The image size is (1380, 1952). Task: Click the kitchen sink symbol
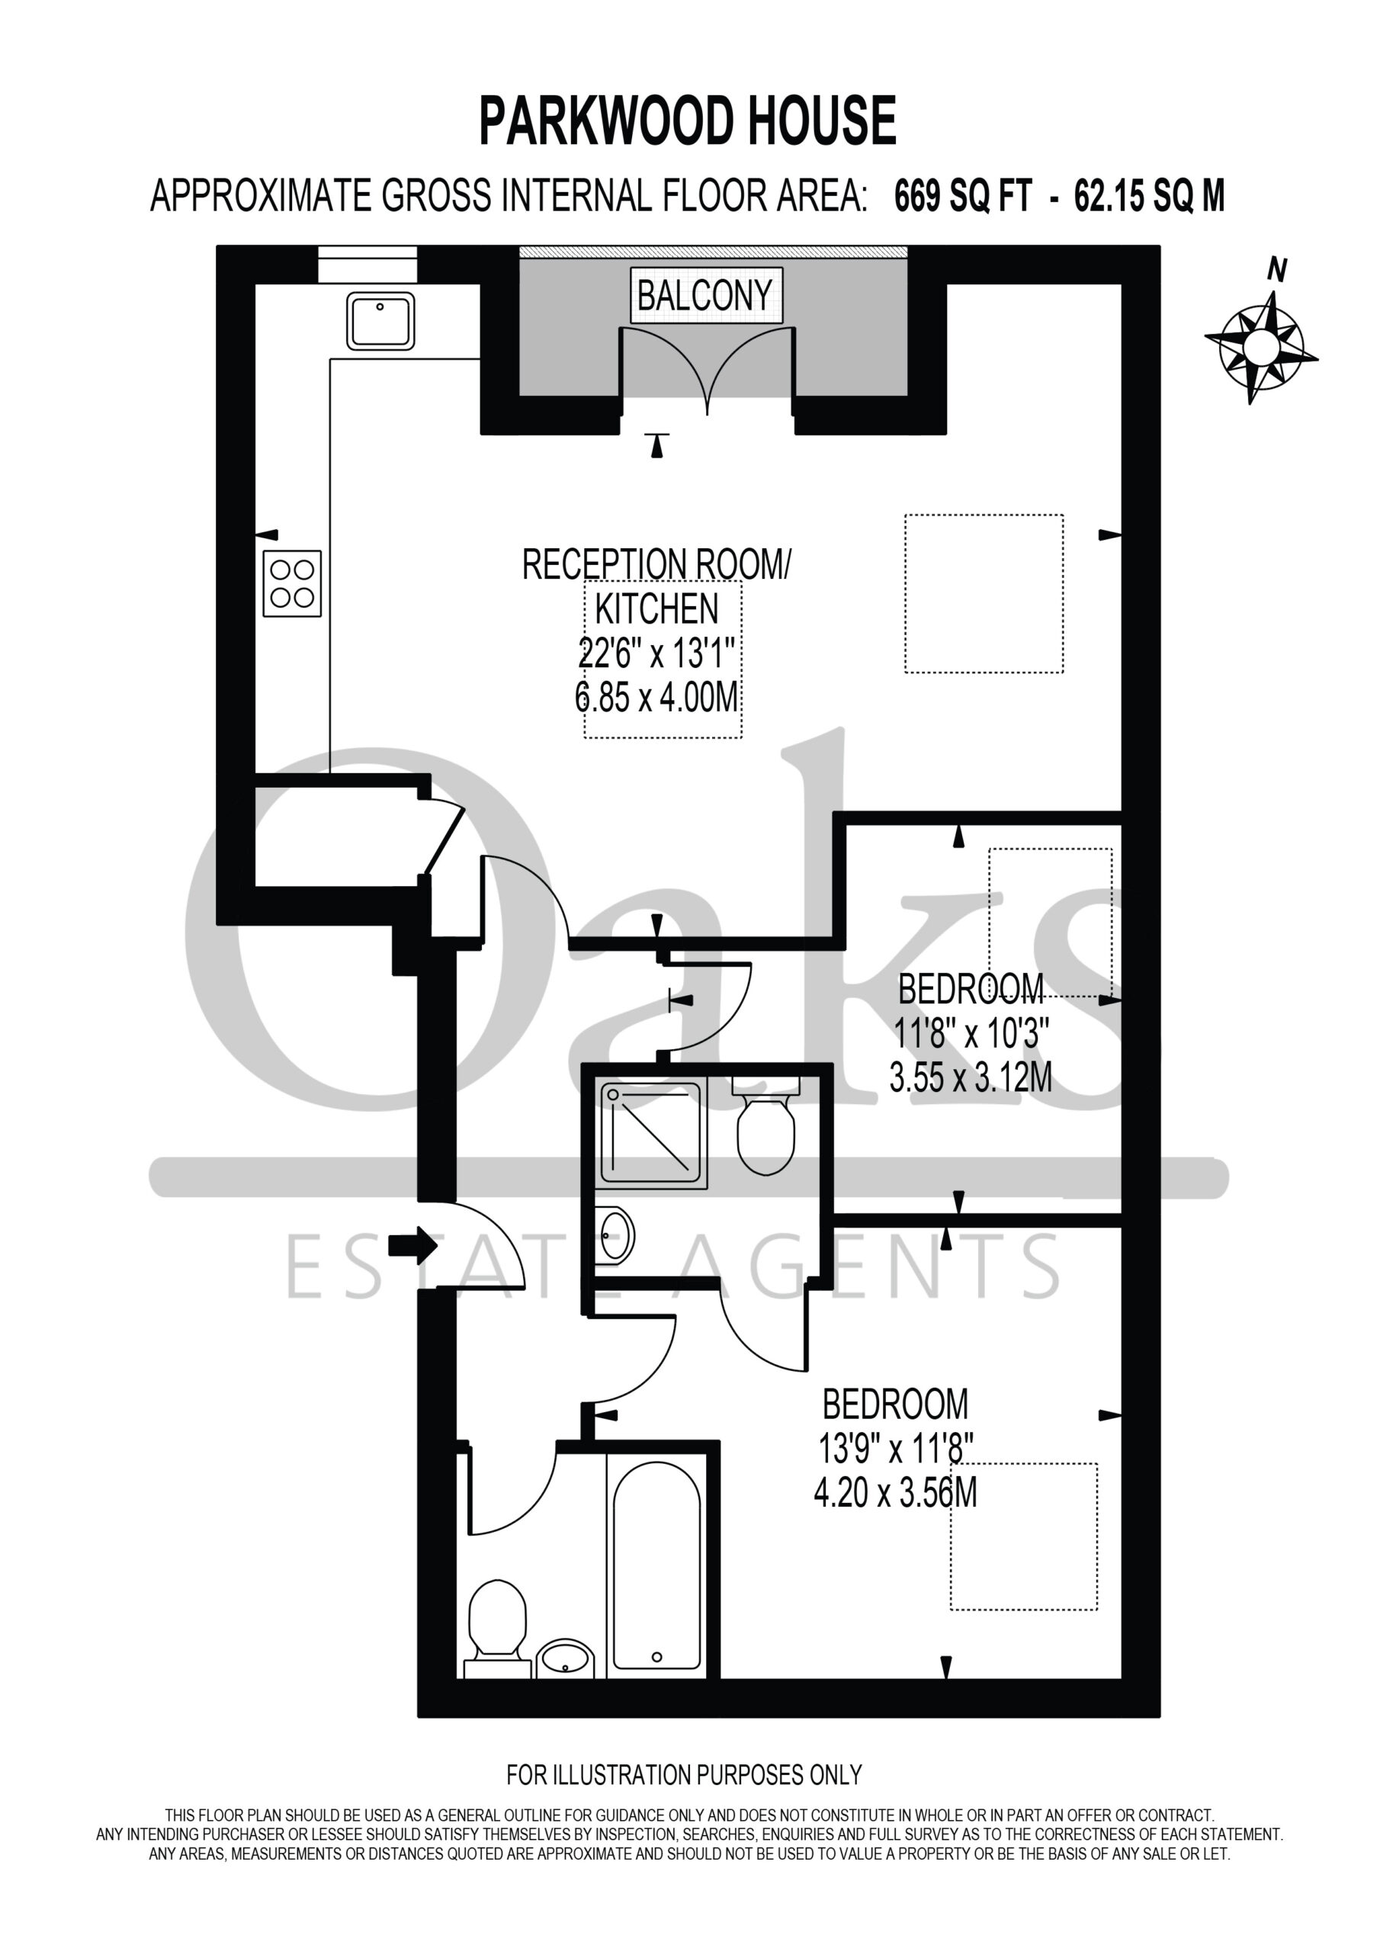[380, 320]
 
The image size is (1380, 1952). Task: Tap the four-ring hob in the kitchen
[292, 583]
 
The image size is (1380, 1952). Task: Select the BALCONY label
[705, 295]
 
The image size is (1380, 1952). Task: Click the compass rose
[1261, 347]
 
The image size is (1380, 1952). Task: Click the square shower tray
[653, 1135]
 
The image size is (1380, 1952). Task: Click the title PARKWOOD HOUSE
[688, 120]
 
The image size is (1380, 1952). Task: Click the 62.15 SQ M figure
[1150, 197]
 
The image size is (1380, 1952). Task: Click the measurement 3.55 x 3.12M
[971, 1079]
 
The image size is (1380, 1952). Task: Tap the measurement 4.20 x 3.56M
[895, 1493]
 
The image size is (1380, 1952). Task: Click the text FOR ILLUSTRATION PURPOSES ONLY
[685, 1774]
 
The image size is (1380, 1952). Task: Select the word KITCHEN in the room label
[656, 608]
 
